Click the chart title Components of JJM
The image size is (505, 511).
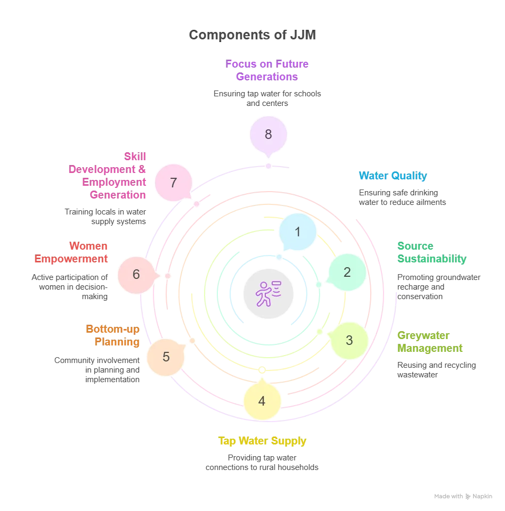252,35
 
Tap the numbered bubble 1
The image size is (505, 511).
298,232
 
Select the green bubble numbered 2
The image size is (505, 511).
347,273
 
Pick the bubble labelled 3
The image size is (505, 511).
349,341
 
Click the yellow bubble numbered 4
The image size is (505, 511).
262,401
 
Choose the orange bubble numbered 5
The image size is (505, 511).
166,357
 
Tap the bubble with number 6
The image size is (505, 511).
136,274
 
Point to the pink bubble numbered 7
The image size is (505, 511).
173,183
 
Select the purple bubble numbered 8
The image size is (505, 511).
268,134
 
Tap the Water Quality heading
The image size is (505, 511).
393,176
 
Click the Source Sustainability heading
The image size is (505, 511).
431,252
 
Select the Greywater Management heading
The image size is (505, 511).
430,342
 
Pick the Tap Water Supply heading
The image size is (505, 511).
262,441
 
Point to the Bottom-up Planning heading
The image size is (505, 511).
113,335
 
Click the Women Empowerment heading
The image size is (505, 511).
71,252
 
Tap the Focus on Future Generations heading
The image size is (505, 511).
267,70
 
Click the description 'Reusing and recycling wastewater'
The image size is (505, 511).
436,370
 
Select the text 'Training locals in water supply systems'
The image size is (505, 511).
105,217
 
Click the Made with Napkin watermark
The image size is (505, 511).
463,496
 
